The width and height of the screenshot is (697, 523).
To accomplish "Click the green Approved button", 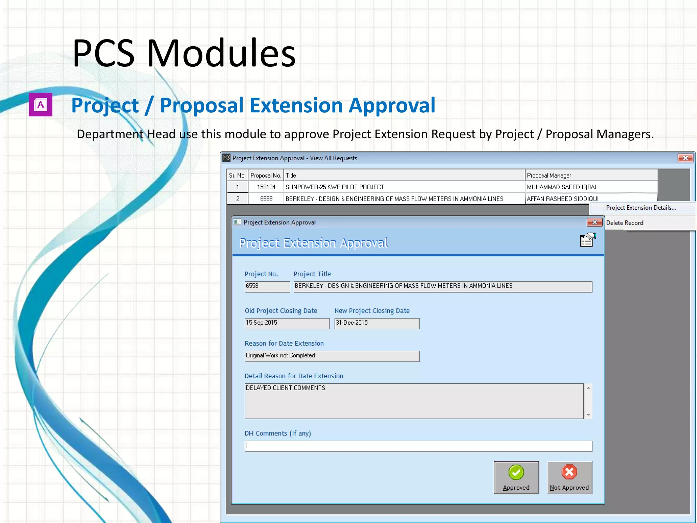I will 516,477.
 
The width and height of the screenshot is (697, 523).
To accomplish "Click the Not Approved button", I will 569,477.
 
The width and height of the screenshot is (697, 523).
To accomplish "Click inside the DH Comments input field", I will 418,446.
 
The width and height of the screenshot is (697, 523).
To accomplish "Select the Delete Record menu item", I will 625,223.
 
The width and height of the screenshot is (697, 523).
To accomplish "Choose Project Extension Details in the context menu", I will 641,208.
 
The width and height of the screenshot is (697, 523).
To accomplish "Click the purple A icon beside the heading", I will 40,105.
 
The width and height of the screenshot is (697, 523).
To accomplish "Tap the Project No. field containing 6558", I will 267,286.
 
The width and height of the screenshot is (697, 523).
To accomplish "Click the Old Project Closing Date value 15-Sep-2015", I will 287,323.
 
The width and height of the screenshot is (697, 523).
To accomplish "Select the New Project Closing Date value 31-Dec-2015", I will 376,323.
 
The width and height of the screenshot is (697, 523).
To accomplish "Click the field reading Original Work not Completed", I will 331,356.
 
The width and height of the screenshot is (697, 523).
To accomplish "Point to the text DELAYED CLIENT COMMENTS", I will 285,388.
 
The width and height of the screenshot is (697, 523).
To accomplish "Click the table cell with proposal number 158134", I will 266,187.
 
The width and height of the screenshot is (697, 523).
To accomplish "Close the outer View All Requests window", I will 685,158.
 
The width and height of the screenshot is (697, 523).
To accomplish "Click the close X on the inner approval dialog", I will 594,222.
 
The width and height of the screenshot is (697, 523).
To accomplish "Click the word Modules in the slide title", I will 221,53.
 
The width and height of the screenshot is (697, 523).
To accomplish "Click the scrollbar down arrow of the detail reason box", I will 588,415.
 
